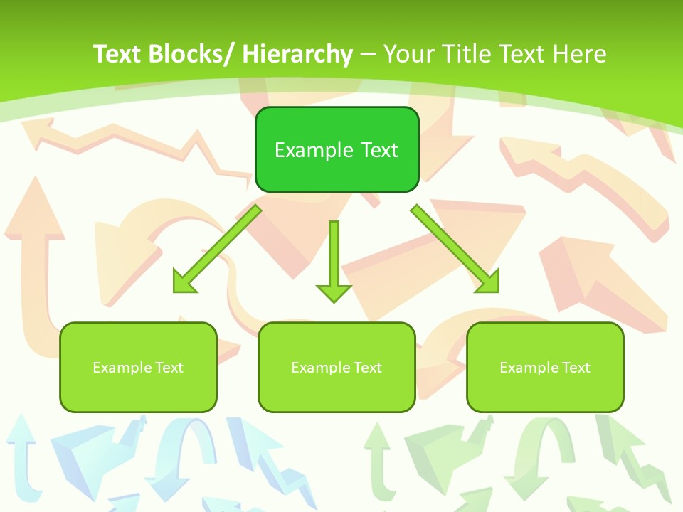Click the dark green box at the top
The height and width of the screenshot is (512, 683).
(x=337, y=149)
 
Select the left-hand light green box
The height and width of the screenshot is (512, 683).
(x=138, y=367)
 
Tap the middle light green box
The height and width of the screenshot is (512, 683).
(x=337, y=367)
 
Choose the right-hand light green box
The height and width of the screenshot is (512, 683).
(x=545, y=367)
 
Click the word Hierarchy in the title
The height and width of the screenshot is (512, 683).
(x=297, y=54)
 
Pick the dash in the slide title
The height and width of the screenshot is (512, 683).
(x=368, y=54)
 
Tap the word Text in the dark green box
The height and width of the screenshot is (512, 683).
(x=379, y=150)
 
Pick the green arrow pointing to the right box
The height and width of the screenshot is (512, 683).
(x=455, y=249)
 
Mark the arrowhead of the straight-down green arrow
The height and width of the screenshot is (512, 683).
(x=334, y=292)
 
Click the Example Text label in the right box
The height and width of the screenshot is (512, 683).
(x=545, y=368)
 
